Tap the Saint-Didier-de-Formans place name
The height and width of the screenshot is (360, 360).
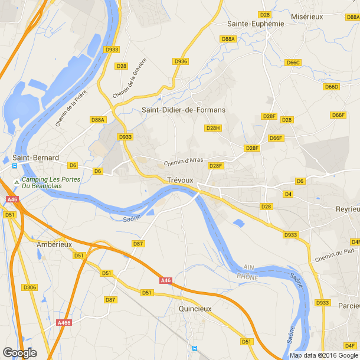click(x=184, y=110)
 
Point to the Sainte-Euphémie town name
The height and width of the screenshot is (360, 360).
click(x=256, y=24)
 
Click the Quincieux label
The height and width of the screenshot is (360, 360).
click(x=195, y=308)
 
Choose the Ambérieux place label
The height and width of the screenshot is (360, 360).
click(x=54, y=244)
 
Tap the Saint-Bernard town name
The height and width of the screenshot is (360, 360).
click(x=36, y=158)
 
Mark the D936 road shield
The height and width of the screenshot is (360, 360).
click(x=181, y=61)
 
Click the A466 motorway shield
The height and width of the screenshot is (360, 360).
click(x=64, y=322)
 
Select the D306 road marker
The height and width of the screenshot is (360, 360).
click(x=30, y=287)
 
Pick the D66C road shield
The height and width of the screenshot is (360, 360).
click(x=293, y=63)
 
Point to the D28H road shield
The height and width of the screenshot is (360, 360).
click(x=213, y=128)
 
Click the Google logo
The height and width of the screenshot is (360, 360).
click(x=19, y=353)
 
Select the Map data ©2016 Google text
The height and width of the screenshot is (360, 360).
click(x=323, y=355)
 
